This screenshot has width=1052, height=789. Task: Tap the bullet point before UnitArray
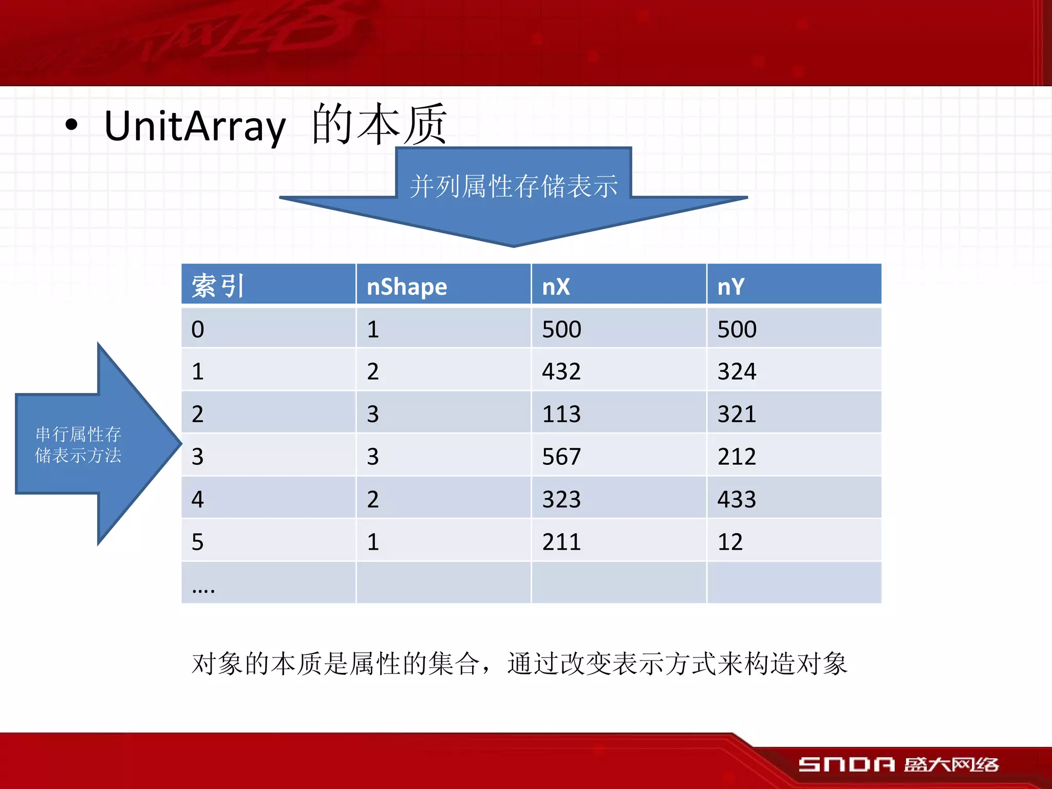click(71, 125)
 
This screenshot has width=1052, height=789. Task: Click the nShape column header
click(406, 286)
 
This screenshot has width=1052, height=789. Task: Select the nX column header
click(556, 286)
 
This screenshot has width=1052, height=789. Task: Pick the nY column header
click(730, 286)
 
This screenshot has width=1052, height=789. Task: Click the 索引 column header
click(217, 286)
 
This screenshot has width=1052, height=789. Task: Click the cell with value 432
click(561, 371)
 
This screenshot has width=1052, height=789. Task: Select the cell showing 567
click(561, 456)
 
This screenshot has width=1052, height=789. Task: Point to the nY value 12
click(730, 541)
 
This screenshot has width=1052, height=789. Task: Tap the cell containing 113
click(561, 414)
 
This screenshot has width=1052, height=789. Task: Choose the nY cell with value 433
click(737, 499)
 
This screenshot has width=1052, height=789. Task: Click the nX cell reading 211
click(561, 541)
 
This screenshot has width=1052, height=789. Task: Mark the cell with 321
click(737, 414)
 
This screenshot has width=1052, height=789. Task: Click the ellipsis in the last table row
click(203, 590)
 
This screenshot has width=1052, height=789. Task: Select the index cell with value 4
click(198, 499)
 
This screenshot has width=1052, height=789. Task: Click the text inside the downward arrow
click(513, 186)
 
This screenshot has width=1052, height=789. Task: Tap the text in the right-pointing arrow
click(78, 445)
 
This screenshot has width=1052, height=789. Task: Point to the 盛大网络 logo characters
click(951, 764)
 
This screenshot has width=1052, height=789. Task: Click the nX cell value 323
click(561, 499)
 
